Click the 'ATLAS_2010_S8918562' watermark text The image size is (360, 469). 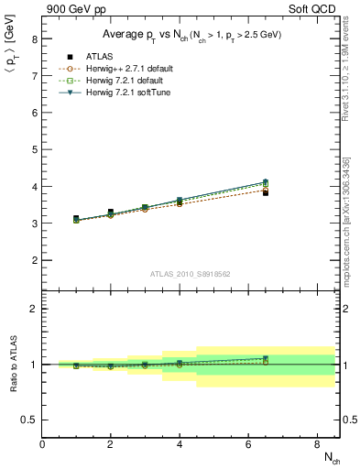pyautogui.click(x=191, y=274)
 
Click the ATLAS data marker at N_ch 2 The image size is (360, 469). pyautogui.click(x=111, y=213)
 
